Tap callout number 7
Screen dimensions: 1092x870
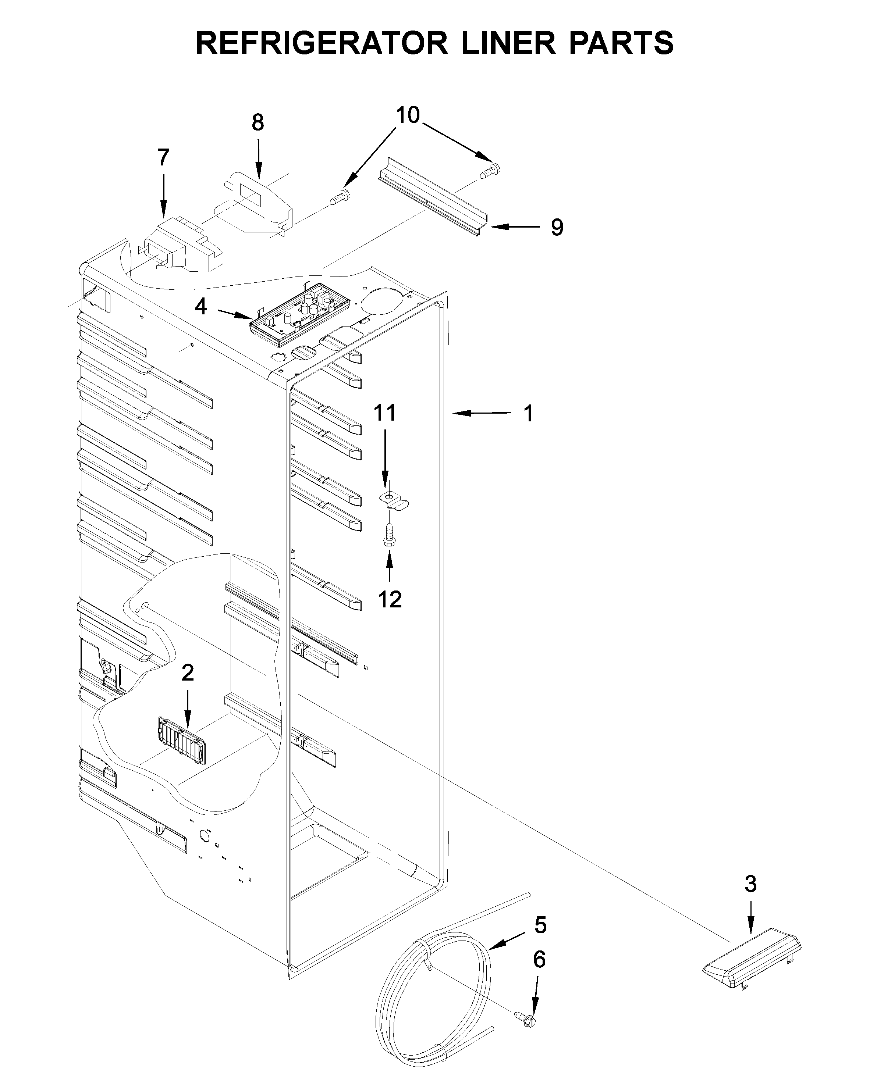pyautogui.click(x=163, y=158)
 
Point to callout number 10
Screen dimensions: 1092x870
pyautogui.click(x=408, y=115)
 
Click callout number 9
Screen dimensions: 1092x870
pyautogui.click(x=557, y=228)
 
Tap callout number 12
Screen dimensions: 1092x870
pyautogui.click(x=390, y=600)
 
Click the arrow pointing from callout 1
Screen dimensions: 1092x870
pyautogui.click(x=482, y=414)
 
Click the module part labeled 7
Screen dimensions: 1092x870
pyautogui.click(x=184, y=245)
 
